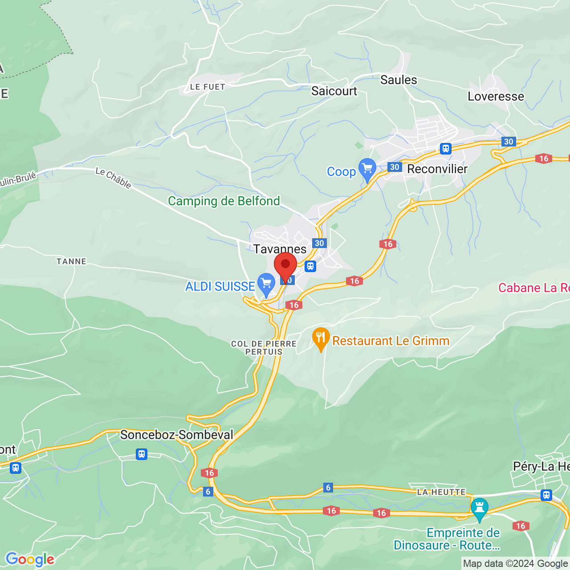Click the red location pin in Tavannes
click(285, 266)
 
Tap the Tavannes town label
click(280, 249)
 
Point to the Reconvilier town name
click(437, 169)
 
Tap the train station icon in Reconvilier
click(445, 149)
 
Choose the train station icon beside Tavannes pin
click(310, 266)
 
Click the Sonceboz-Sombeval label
click(177, 435)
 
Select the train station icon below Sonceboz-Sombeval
click(142, 454)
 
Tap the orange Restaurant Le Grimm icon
click(321, 338)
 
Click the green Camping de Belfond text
click(224, 201)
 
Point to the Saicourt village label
click(334, 91)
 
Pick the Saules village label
click(399, 80)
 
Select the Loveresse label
click(496, 97)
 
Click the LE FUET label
click(208, 87)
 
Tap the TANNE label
click(71, 261)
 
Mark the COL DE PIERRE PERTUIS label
click(264, 348)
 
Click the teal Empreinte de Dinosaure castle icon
click(480, 508)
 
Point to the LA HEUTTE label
click(441, 492)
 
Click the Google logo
click(30, 559)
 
